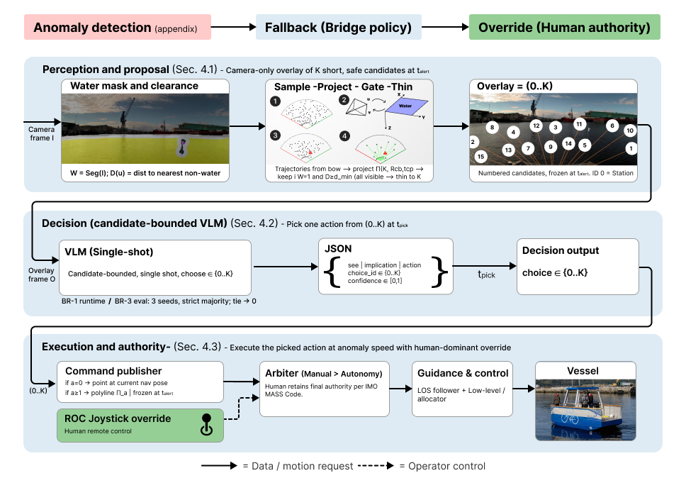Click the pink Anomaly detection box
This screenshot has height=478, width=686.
pyautogui.click(x=117, y=28)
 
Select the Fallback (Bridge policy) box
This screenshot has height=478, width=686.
pyautogui.click(x=338, y=28)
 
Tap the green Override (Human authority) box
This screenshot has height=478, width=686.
pyautogui.click(x=564, y=28)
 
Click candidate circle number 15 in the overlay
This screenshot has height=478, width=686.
pyautogui.click(x=481, y=157)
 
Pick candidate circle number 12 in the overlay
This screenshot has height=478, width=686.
pyautogui.click(x=536, y=126)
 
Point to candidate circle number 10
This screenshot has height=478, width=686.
pyautogui.click(x=630, y=131)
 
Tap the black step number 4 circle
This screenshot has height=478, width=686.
pyautogui.click(x=345, y=135)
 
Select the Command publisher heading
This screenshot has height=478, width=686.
pyautogui.click(x=113, y=371)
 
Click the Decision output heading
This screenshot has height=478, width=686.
pyautogui.click(x=561, y=250)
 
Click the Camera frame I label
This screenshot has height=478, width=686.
pyautogui.click(x=41, y=133)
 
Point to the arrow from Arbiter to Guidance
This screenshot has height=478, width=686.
pyautogui.click(x=400, y=389)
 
